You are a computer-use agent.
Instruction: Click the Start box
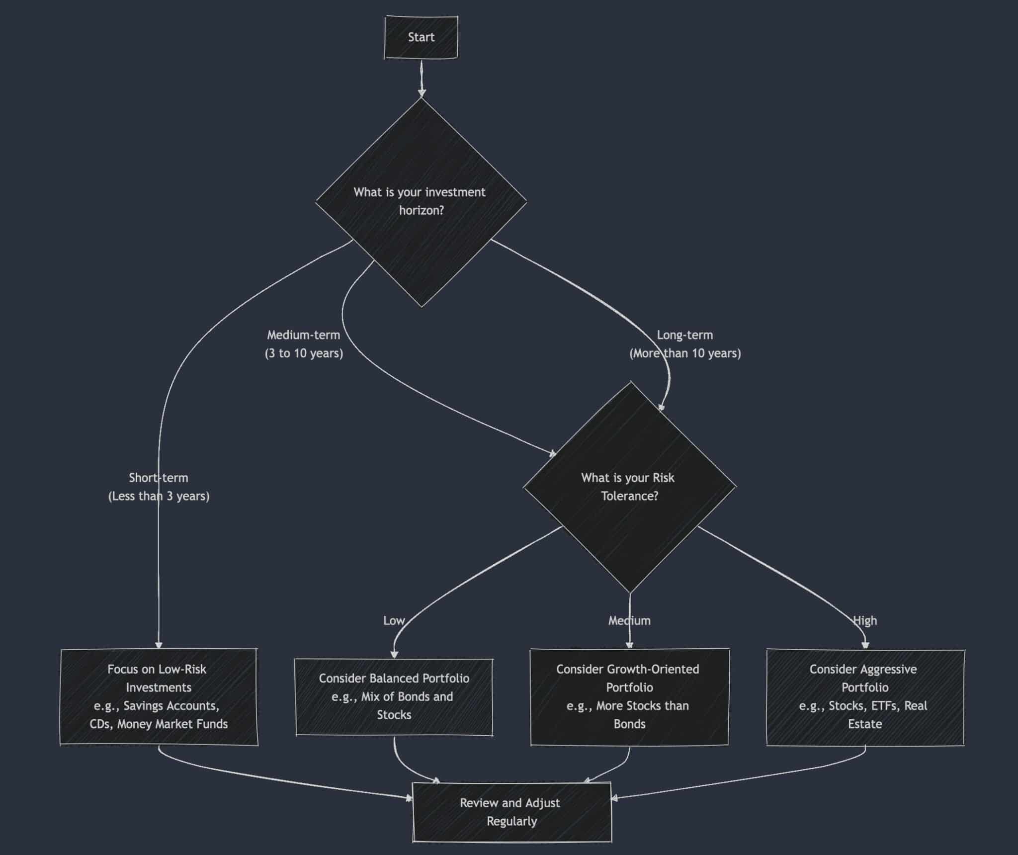pyautogui.click(x=421, y=37)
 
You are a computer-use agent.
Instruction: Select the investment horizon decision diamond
pyautogui.click(x=421, y=201)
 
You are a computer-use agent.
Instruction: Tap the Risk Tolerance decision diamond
pyautogui.click(x=629, y=487)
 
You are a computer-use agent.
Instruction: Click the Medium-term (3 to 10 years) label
pyautogui.click(x=304, y=344)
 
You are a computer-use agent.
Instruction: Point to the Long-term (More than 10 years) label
pyautogui.click(x=685, y=344)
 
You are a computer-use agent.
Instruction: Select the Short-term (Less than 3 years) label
pyautogui.click(x=159, y=487)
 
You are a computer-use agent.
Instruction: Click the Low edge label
pyautogui.click(x=394, y=620)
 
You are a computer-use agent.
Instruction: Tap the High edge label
pyautogui.click(x=865, y=620)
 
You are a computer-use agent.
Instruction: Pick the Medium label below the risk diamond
pyautogui.click(x=629, y=620)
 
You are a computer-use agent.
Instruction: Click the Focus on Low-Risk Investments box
pyautogui.click(x=159, y=696)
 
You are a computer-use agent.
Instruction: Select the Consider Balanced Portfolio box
pyautogui.click(x=394, y=696)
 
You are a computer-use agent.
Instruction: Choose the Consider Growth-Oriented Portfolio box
pyautogui.click(x=629, y=696)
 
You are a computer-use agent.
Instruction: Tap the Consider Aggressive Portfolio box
pyautogui.click(x=865, y=696)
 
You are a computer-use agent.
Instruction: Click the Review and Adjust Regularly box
pyautogui.click(x=511, y=812)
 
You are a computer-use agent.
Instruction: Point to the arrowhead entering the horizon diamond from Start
pyautogui.click(x=422, y=93)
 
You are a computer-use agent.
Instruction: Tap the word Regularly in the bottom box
pyautogui.click(x=511, y=821)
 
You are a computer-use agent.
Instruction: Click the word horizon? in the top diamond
pyautogui.click(x=421, y=210)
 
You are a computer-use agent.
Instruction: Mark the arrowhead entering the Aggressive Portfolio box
pyautogui.click(x=865, y=645)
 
